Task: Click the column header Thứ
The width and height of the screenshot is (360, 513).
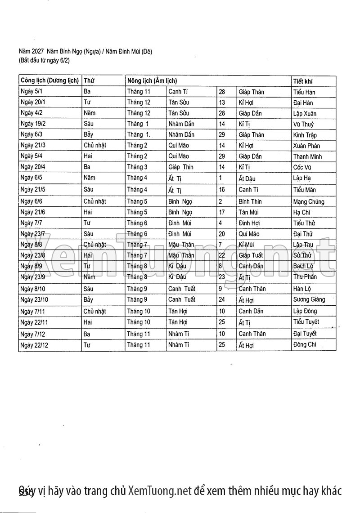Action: click(89, 81)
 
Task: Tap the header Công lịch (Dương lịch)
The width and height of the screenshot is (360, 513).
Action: click(49, 81)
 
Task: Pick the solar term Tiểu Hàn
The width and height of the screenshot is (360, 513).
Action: click(304, 92)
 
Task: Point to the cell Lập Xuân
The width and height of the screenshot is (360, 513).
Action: click(305, 113)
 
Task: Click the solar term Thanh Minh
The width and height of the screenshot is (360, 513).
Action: click(307, 156)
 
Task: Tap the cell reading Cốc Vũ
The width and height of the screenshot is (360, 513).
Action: click(302, 167)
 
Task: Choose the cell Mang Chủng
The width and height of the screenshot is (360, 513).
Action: click(308, 201)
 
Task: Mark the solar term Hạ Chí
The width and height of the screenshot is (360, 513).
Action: click(302, 212)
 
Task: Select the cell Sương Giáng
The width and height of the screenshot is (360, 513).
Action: click(309, 299)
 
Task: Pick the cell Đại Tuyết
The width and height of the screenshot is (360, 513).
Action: click(305, 334)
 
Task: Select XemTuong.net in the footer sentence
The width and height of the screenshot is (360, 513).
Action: click(160, 491)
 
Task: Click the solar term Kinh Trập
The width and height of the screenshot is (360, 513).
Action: click(305, 135)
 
